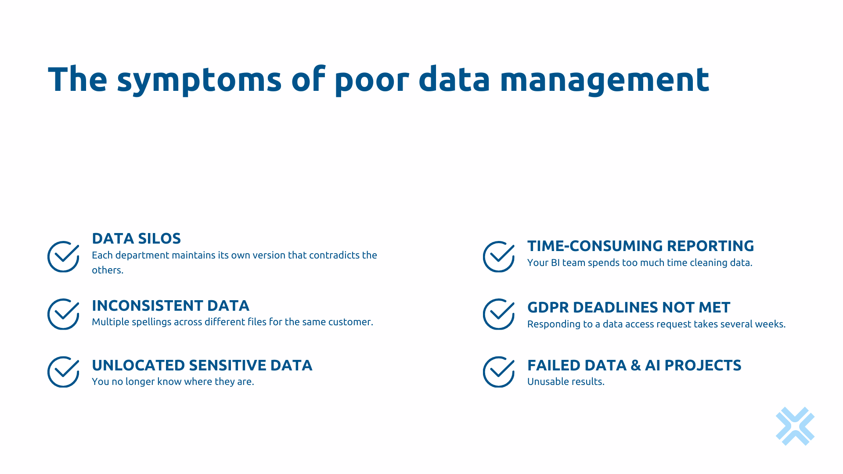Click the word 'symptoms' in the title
coord(199,80)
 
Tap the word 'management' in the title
coord(604,80)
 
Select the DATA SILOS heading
coord(136,238)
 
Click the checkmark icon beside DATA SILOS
coord(63,256)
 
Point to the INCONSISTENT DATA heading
coord(170,305)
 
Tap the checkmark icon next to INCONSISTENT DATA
coord(63,314)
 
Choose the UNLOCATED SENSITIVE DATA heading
coord(202,365)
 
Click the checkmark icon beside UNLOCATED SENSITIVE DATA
coord(63,372)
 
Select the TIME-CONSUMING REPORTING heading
coord(640,246)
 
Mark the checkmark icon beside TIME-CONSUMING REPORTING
coord(499,256)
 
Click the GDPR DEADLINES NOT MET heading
coord(628,307)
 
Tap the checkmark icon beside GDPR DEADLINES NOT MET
coord(499,314)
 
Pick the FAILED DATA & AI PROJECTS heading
coord(634,365)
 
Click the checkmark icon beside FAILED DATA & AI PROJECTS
coord(499,372)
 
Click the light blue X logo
coord(795,426)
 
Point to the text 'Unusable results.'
coord(566,382)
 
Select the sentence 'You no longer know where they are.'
coord(173,382)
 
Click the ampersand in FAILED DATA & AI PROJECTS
coord(635,365)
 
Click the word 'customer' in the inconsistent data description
coord(350,322)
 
